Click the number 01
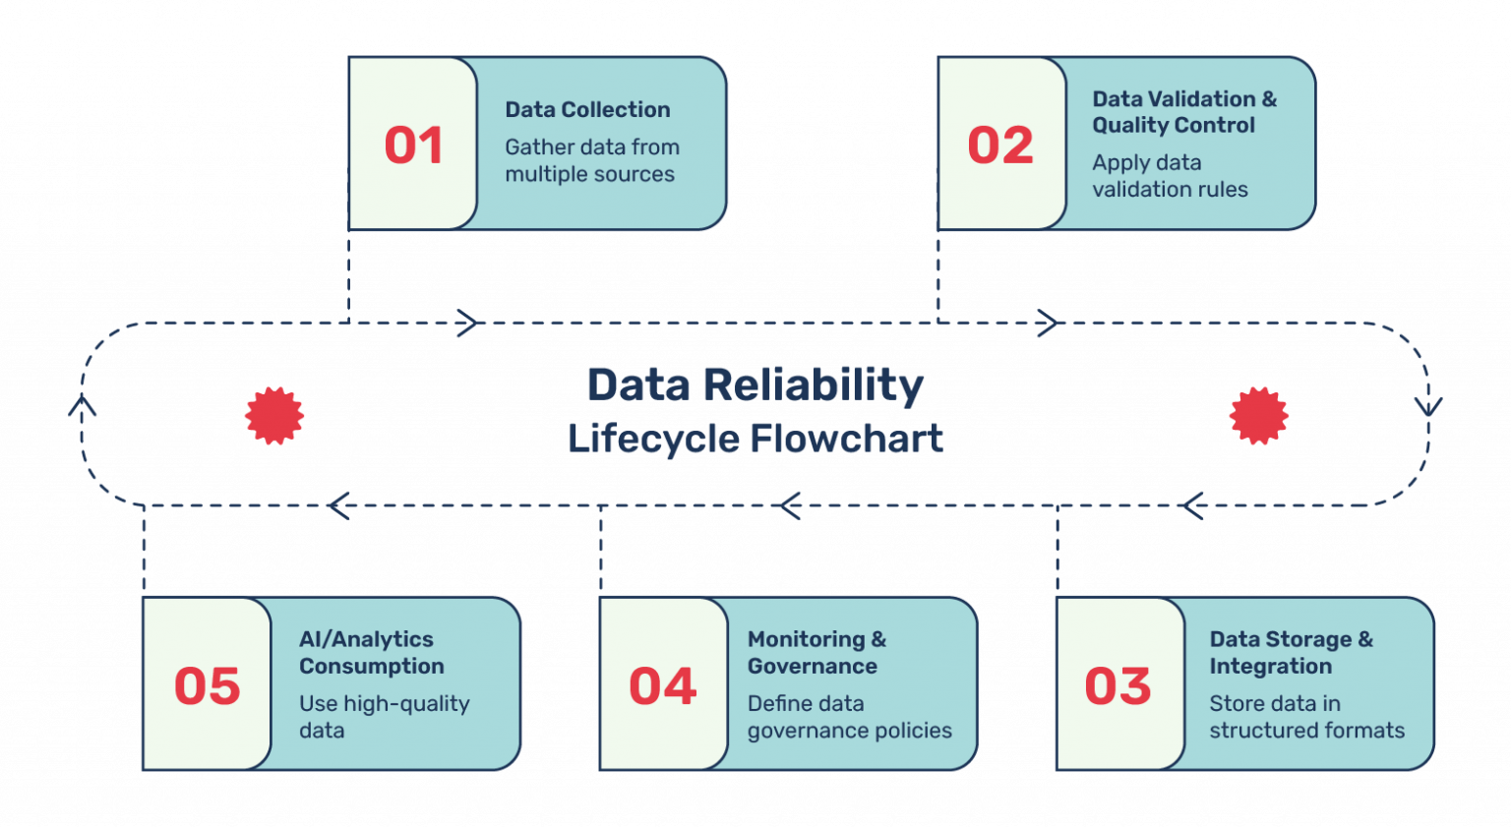tap(413, 146)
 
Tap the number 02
tap(1000, 146)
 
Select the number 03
tap(1118, 686)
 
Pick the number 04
tap(663, 686)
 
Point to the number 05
tap(208, 686)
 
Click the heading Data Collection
tap(587, 110)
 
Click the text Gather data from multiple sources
tap(591, 160)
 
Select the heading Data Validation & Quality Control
tap(1183, 112)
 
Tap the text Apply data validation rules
tap(1169, 176)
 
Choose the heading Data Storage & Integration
tap(1290, 653)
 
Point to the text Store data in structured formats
tap(1305, 717)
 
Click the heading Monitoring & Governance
tap(816, 653)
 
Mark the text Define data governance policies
tap(848, 717)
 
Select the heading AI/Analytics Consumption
tap(371, 653)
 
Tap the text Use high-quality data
tap(384, 717)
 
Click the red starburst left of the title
tap(274, 416)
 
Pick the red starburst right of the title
tap(1258, 416)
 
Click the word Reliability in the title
tap(813, 385)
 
